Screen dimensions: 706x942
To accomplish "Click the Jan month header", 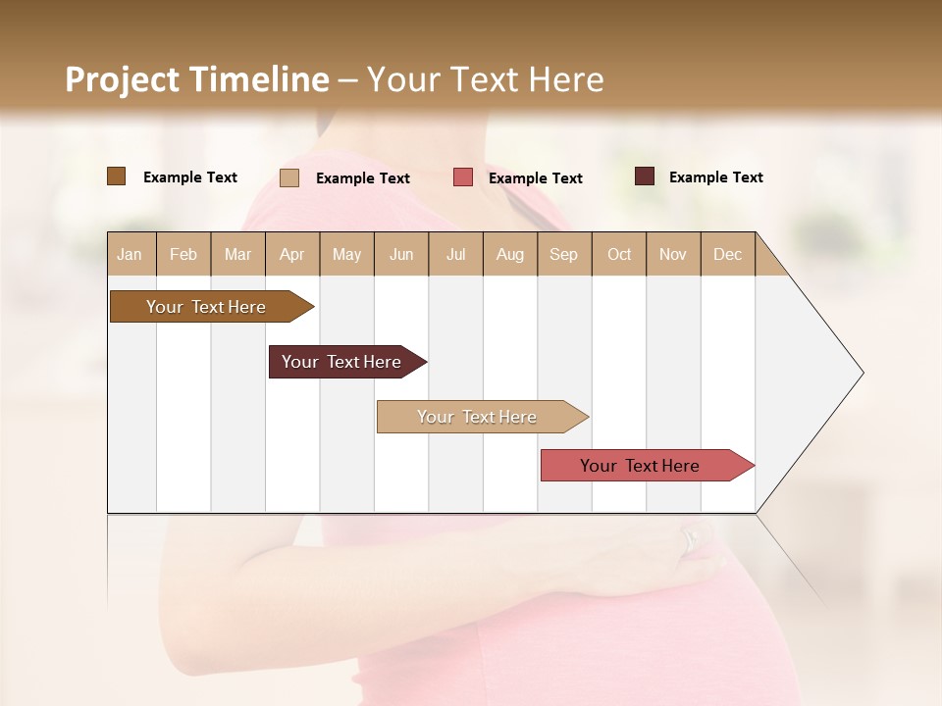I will click(130, 254).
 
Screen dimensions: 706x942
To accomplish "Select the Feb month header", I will click(183, 254).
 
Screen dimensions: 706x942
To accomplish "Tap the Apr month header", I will click(291, 254).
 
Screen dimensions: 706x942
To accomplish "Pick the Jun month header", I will click(401, 254).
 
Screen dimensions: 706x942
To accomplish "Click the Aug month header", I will click(509, 254).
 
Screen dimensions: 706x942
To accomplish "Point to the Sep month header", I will click(563, 254).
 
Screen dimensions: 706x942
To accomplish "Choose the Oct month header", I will click(619, 254).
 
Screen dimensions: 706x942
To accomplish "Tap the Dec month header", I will click(727, 254).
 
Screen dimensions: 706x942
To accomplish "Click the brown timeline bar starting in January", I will click(206, 307).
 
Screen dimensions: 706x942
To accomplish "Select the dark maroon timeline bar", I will click(341, 362).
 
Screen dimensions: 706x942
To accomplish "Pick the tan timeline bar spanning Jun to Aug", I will click(477, 417).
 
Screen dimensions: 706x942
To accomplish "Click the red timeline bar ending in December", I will click(640, 466).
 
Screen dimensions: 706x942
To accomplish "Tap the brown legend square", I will click(116, 176).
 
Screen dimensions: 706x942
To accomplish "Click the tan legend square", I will click(289, 177).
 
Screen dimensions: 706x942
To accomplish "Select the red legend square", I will click(463, 177).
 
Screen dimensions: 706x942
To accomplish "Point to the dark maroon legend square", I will click(645, 176).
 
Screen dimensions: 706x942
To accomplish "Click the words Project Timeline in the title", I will click(196, 79).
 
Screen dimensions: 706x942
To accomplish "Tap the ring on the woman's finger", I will click(691, 537).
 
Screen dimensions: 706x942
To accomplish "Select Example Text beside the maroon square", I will click(715, 176).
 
